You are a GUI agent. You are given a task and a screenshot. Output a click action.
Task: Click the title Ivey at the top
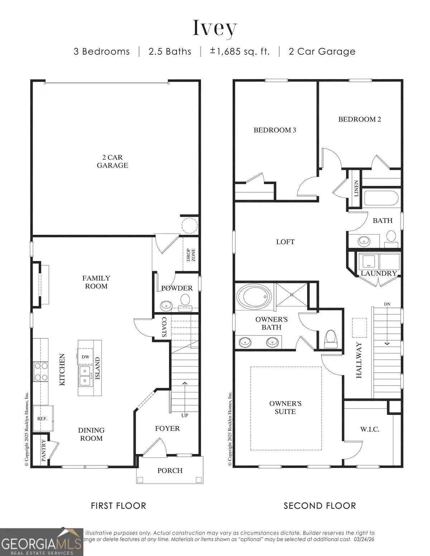pos(215,28)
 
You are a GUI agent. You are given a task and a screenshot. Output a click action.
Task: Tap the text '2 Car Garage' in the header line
pos(322,52)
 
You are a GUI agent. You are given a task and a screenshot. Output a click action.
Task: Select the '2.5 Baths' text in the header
pos(170,52)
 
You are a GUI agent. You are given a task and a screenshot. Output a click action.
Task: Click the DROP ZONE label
pos(191,255)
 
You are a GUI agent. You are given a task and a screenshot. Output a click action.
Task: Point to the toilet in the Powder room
pos(185,300)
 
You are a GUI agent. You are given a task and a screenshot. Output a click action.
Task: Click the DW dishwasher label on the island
pos(85,357)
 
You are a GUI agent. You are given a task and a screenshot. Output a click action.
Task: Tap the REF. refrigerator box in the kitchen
pos(42,418)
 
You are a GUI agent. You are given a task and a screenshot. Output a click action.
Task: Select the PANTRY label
pos(44,450)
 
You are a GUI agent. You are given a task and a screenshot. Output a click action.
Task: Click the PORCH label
pos(170,470)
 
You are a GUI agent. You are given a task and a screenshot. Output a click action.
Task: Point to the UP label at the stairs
pos(185,415)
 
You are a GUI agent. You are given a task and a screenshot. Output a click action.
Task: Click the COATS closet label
pos(164,327)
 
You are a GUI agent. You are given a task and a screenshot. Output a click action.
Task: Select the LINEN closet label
pos(356,188)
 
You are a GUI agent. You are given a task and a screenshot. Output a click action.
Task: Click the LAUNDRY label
pos(378,273)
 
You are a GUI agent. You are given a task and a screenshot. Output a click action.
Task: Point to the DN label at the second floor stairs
pos(387,304)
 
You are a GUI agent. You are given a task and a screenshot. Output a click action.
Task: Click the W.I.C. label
pos(369,429)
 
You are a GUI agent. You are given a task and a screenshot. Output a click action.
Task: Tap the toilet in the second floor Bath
pos(391,237)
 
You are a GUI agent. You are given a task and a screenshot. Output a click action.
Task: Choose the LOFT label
pos(285,242)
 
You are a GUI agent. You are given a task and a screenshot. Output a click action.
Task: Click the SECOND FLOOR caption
pos(320,506)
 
